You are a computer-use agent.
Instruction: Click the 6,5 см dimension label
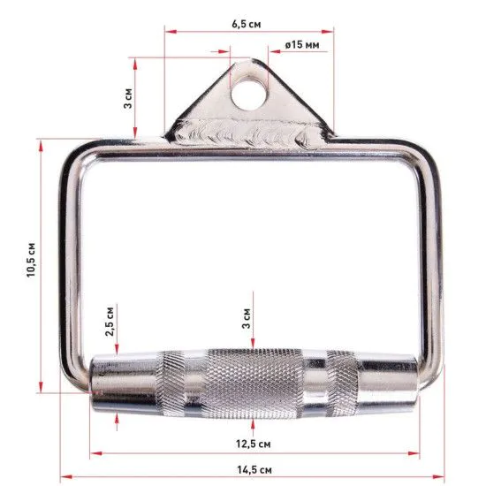click(x=247, y=24)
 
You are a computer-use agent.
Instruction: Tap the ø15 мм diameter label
click(x=302, y=45)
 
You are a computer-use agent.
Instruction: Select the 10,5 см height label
click(x=31, y=260)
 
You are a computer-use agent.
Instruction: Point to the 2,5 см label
click(x=110, y=322)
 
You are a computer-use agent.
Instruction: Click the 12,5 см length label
click(x=254, y=444)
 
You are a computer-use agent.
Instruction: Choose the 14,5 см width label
click(x=254, y=469)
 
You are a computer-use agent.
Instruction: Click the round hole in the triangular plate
click(x=248, y=93)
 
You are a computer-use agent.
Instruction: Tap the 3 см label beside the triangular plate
click(x=128, y=98)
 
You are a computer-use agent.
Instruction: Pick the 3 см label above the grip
click(x=247, y=318)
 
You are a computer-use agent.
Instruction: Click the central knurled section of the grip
click(x=254, y=383)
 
